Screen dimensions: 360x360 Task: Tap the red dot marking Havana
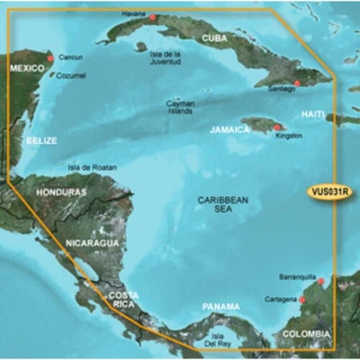(x=153, y=17)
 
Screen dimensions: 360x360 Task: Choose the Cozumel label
(x=72, y=75)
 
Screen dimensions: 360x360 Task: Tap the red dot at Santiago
(x=297, y=83)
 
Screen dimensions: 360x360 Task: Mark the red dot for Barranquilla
(x=320, y=282)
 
